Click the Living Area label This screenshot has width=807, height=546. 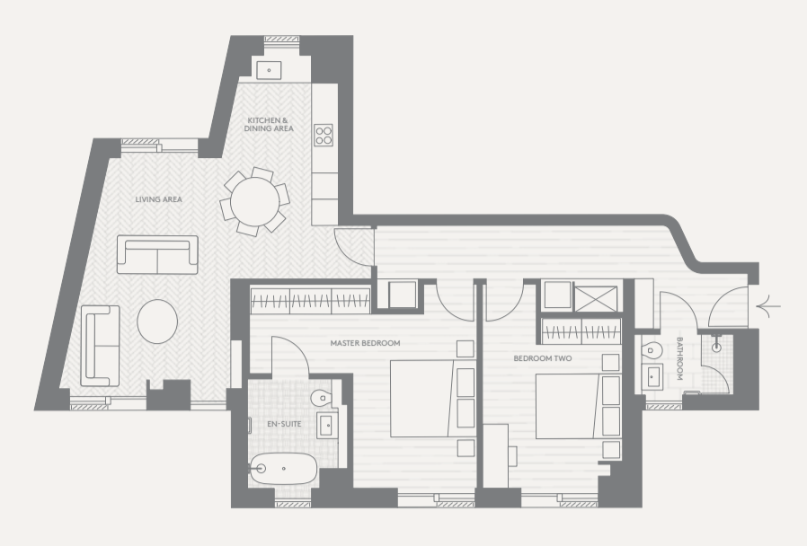click(x=158, y=199)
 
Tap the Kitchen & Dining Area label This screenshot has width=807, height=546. click(x=269, y=125)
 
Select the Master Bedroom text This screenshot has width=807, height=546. click(x=365, y=343)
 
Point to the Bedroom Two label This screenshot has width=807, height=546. click(x=543, y=358)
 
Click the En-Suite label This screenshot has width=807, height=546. click(x=284, y=424)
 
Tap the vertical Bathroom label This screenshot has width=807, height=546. click(x=679, y=358)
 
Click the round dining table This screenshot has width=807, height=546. click(x=254, y=201)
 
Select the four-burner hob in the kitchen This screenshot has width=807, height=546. click(x=324, y=136)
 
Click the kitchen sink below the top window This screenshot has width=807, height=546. click(x=269, y=70)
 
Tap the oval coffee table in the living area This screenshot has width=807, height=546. click(x=157, y=321)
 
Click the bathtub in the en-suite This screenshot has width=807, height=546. click(x=283, y=469)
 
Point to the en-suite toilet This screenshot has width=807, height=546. click(x=322, y=397)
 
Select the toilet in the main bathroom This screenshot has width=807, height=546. click(x=652, y=350)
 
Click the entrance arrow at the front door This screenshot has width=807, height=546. click(x=768, y=306)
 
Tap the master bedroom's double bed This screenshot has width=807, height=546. click(x=432, y=399)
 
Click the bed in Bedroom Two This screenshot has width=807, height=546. click(x=578, y=406)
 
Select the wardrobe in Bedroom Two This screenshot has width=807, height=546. click(x=581, y=331)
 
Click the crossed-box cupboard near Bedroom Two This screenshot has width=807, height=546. click(x=596, y=299)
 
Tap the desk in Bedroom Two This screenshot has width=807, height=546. click(x=495, y=455)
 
